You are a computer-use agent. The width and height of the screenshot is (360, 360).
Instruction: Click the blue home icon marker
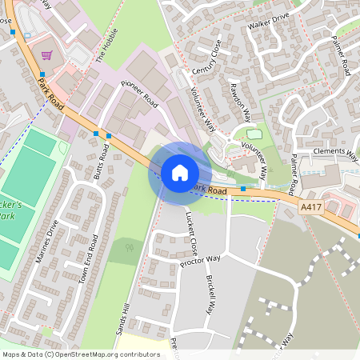[x=179, y=173]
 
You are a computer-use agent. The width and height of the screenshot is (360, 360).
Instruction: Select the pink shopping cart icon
[x=47, y=55]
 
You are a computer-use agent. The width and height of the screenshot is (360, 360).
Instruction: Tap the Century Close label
[x=205, y=58]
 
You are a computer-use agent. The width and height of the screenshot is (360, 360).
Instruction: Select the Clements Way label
[x=336, y=150]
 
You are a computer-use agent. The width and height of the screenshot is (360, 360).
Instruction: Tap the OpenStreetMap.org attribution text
[x=100, y=354]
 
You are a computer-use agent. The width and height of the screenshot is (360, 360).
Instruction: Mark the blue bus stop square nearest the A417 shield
[x=243, y=189]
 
